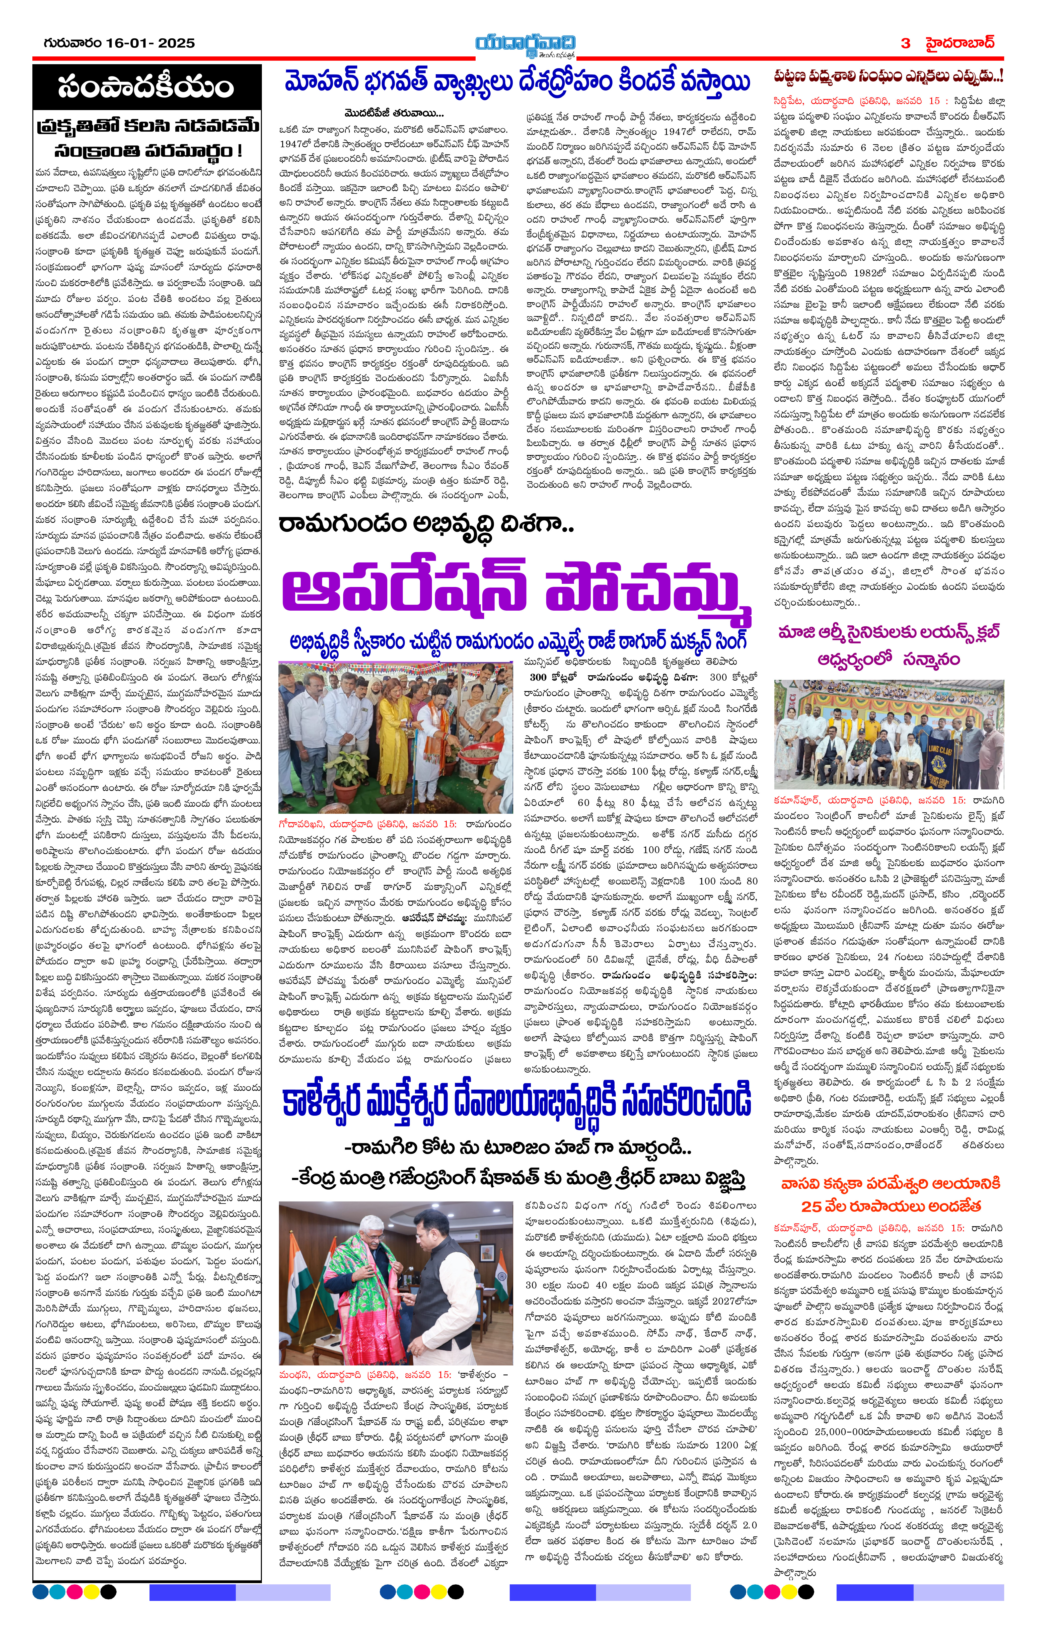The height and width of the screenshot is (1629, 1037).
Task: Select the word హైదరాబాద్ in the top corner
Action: pos(960,43)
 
